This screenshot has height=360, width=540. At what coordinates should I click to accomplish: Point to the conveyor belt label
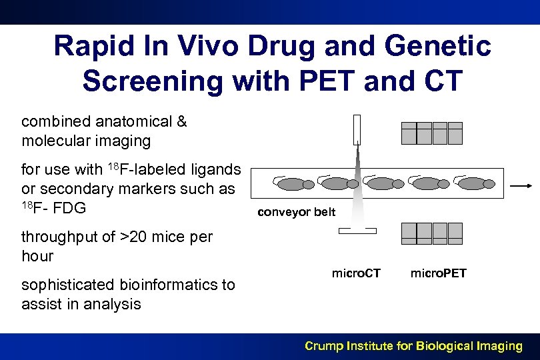point(297,213)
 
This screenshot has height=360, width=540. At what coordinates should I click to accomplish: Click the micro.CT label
point(356,273)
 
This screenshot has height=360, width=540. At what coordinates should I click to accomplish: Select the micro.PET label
point(438,273)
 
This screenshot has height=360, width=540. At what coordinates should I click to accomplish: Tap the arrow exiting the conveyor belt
point(521,187)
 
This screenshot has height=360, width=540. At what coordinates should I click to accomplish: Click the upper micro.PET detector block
point(431,133)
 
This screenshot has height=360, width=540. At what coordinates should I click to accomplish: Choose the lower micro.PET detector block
point(431,233)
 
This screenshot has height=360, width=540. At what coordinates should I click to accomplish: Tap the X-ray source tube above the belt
point(357,129)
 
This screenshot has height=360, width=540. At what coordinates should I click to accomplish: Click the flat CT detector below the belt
point(357,231)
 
